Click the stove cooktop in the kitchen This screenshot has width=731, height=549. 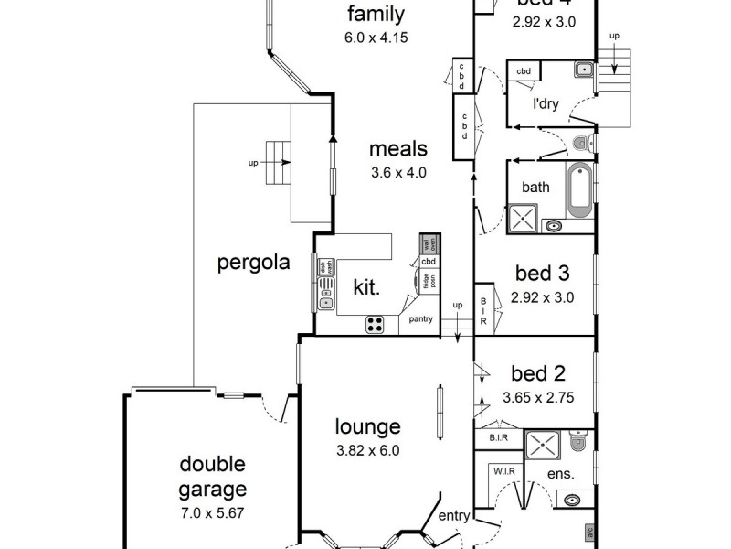pyautogui.click(x=375, y=322)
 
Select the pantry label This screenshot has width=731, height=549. pyautogui.click(x=421, y=320)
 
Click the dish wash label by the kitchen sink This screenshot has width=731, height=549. pyautogui.click(x=323, y=268)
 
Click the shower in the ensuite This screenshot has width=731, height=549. pyautogui.click(x=546, y=446)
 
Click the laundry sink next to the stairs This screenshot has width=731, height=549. pyautogui.click(x=585, y=70)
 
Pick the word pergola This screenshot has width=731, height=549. pyautogui.click(x=253, y=264)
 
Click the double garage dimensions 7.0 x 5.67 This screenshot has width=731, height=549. pyautogui.click(x=212, y=512)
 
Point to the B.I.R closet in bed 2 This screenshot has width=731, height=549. pyautogui.click(x=498, y=438)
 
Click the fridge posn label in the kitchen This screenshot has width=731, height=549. pyautogui.click(x=428, y=282)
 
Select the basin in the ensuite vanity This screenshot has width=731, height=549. pyautogui.click(x=573, y=501)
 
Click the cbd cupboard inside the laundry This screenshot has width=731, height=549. pyautogui.click(x=524, y=70)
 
